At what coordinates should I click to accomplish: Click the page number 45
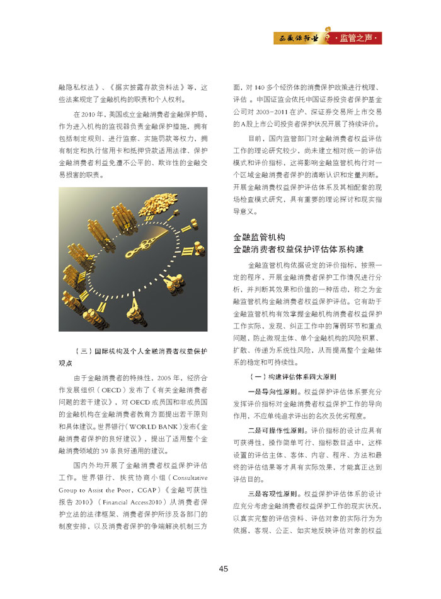[x=223, y=569]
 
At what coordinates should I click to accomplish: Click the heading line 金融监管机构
[x=259, y=237]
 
